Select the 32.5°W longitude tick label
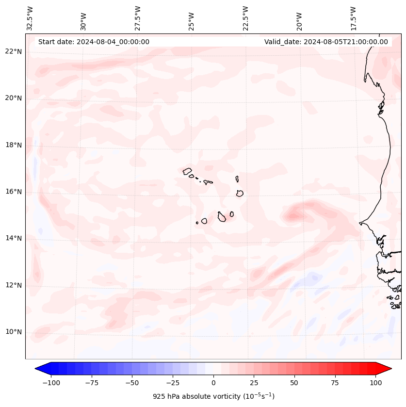point(30,18)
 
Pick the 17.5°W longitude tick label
point(353,18)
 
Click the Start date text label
point(94,42)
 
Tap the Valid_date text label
point(326,42)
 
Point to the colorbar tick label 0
point(213,383)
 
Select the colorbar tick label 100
point(375,383)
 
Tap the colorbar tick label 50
point(294,383)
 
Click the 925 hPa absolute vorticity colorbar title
point(213,396)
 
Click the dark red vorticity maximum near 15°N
point(297,212)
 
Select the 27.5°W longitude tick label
point(138,18)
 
